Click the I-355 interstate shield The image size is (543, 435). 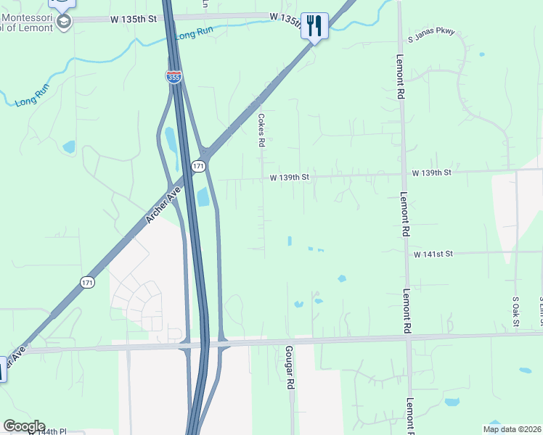click(174, 77)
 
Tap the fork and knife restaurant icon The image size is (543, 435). click(314, 25)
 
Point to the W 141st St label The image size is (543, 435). click(433, 254)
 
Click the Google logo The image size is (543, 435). click(24, 426)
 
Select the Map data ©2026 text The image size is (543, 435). click(512, 429)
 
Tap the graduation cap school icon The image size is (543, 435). click(63, 22)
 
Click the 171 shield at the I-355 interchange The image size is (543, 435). click(198, 166)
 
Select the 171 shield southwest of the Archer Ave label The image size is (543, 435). click(88, 281)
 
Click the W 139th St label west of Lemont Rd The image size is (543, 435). click(290, 177)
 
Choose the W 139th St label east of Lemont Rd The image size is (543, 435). click(431, 173)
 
